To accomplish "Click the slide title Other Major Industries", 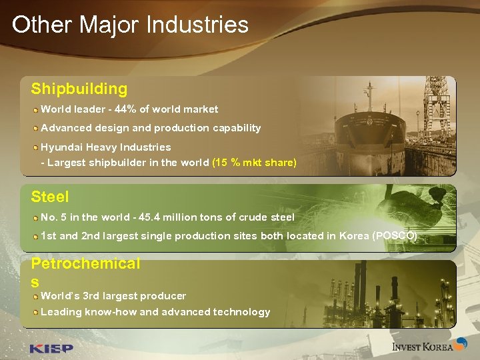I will point(130,25).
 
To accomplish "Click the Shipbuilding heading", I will point(79,89).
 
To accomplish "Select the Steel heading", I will point(50,197).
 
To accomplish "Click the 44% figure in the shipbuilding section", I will point(126,109).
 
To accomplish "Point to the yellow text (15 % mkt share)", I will point(254,163).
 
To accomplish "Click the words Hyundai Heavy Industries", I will point(106,147).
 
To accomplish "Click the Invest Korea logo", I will point(423,346).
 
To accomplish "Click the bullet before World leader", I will point(35,109).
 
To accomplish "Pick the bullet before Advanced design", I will point(35,127).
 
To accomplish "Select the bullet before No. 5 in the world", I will point(35,217).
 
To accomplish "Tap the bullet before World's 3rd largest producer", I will point(35,295).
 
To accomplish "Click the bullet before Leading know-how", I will point(35,312).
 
